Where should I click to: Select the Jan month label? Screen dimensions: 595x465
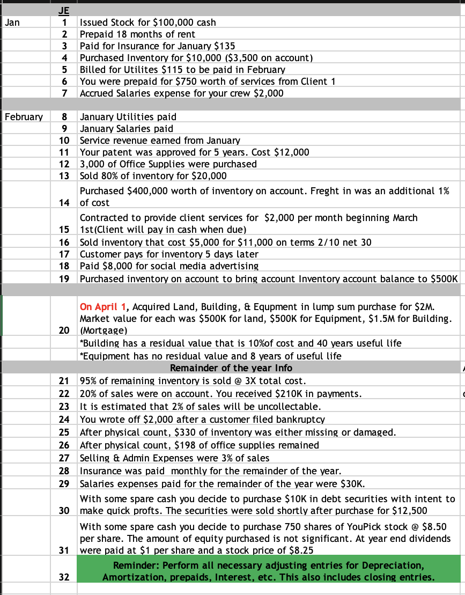(x=11, y=23)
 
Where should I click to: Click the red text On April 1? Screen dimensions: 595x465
(x=101, y=307)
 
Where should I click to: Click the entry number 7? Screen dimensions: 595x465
(x=64, y=93)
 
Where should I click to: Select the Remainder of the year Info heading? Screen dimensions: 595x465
(x=231, y=368)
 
